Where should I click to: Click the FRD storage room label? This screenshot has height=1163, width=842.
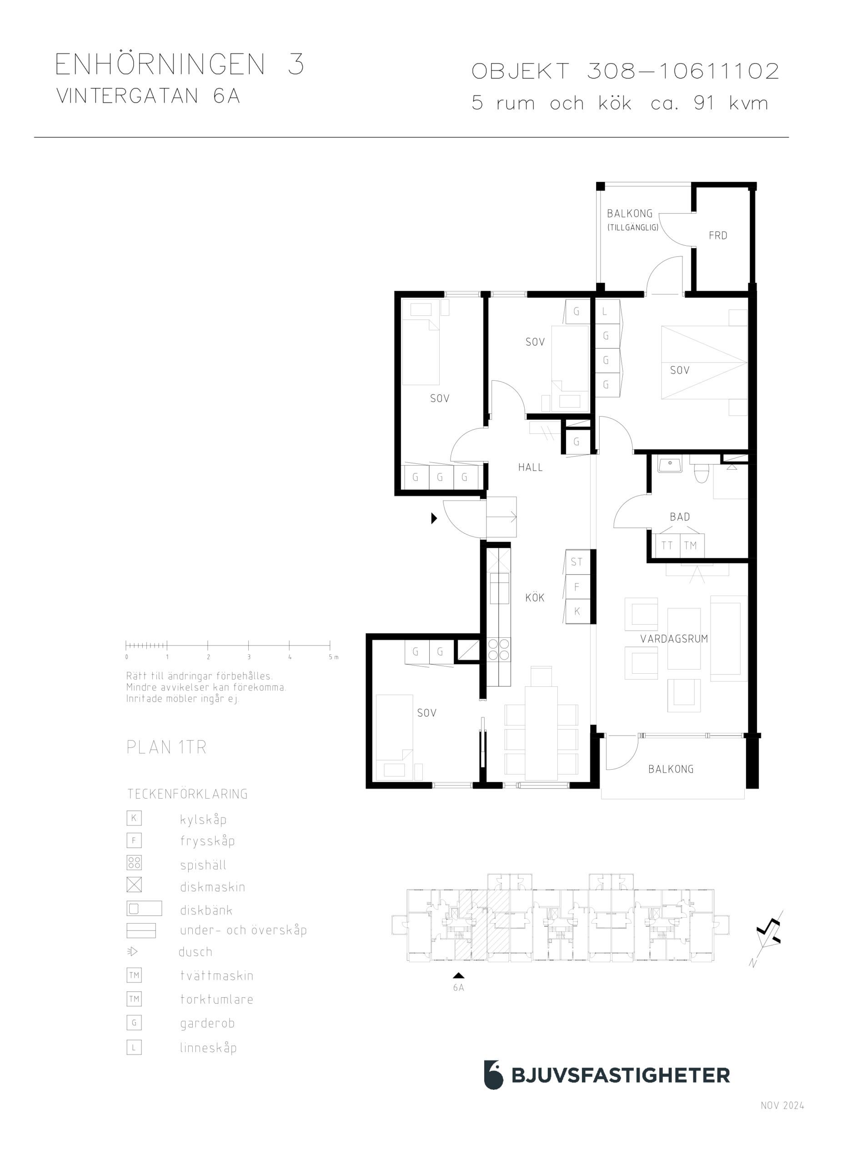(717, 235)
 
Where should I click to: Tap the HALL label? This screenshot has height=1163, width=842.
(530, 467)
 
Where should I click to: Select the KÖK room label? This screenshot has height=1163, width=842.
(535, 597)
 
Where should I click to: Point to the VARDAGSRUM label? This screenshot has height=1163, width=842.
(674, 638)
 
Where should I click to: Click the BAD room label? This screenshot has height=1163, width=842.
(679, 517)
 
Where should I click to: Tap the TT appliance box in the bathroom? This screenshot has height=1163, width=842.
(667, 545)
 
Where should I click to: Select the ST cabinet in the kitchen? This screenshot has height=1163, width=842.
(577, 562)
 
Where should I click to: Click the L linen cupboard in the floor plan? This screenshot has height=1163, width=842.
(607, 311)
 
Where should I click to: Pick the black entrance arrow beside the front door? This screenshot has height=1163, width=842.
(434, 518)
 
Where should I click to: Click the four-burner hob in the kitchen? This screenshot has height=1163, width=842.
(499, 649)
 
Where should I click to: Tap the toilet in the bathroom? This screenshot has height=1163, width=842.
(701, 471)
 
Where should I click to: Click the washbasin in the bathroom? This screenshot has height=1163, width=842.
(670, 465)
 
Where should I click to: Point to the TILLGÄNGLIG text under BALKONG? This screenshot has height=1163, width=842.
(633, 227)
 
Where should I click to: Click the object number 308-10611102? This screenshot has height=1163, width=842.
(683, 71)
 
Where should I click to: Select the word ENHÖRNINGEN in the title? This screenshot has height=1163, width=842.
(160, 65)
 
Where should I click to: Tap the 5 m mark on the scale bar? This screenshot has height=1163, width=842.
(330, 645)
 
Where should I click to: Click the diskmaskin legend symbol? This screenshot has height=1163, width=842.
(134, 885)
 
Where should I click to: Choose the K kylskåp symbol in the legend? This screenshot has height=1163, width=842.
(134, 818)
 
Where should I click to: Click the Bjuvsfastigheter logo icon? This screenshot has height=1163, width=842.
(493, 1075)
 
